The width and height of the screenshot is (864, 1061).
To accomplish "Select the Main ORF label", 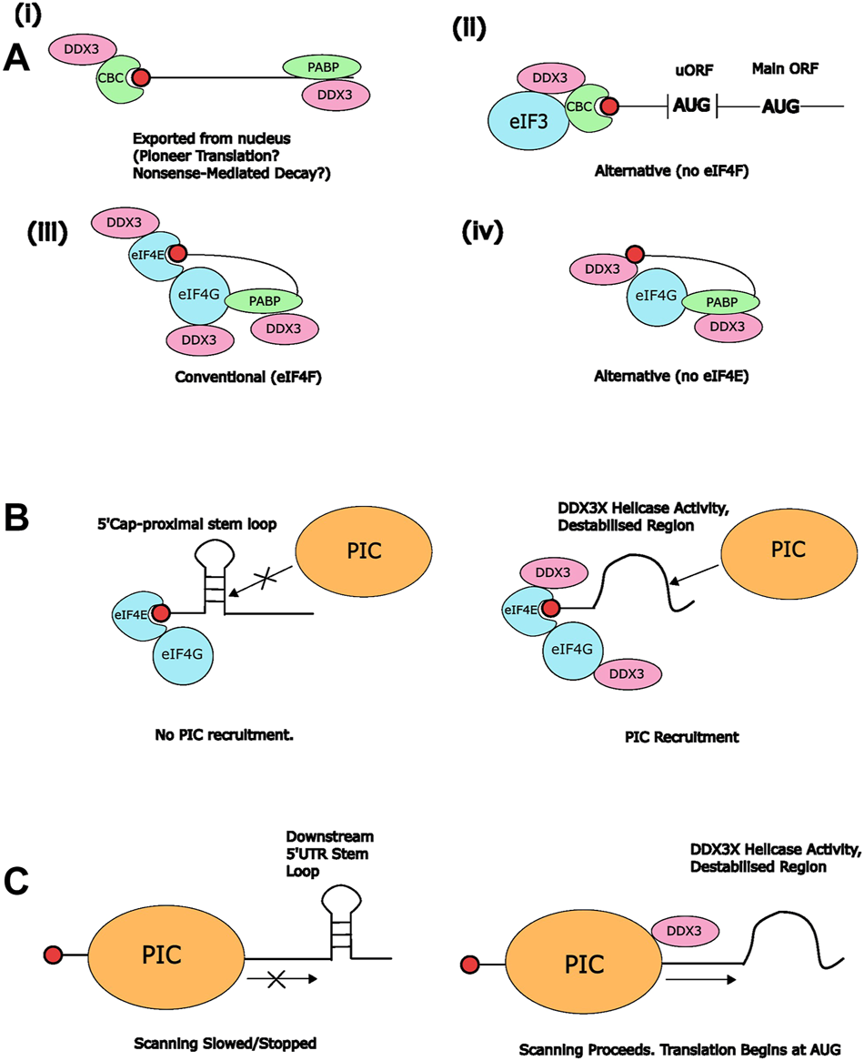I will (781, 68).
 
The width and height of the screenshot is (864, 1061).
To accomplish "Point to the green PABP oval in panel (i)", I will (321, 66).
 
